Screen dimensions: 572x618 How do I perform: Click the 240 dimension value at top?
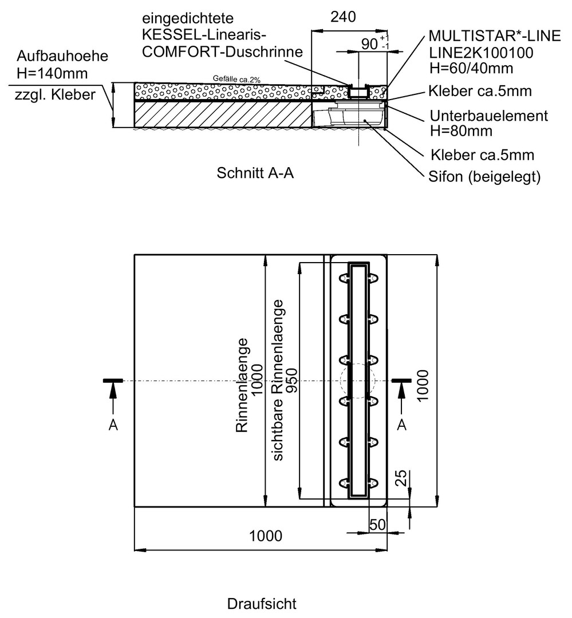pyautogui.click(x=343, y=17)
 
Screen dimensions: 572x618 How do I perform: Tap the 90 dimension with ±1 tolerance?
pyautogui.click(x=375, y=43)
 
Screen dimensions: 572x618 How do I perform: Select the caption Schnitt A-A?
pyautogui.click(x=255, y=173)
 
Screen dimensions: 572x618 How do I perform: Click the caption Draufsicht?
pyautogui.click(x=262, y=604)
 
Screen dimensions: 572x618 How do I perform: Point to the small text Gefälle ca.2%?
pyautogui.click(x=236, y=79)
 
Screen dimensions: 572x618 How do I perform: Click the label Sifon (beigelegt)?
pyautogui.click(x=484, y=177)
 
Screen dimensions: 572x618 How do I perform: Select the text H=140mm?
pyautogui.click(x=52, y=73)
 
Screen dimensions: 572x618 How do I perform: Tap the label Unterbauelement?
pyautogui.click(x=489, y=116)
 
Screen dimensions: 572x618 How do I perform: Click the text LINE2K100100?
pyautogui.click(x=481, y=53)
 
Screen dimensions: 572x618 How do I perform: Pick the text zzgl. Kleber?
pyautogui.click(x=55, y=95)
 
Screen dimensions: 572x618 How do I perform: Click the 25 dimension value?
pyautogui.click(x=401, y=478)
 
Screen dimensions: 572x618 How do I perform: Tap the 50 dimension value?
pyautogui.click(x=377, y=525)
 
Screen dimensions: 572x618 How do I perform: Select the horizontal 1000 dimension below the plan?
pyautogui.click(x=266, y=536)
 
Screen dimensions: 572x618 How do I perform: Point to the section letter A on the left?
pyautogui.click(x=113, y=425)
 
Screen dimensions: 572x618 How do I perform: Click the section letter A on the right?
pyautogui.click(x=401, y=425)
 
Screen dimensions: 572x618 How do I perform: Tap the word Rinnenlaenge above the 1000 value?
pyautogui.click(x=242, y=386)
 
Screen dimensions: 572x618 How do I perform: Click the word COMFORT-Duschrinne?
pyautogui.click(x=222, y=51)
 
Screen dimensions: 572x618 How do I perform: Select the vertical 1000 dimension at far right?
pyautogui.click(x=423, y=386)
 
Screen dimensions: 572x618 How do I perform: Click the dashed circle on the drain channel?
pyautogui.click(x=341, y=381)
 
